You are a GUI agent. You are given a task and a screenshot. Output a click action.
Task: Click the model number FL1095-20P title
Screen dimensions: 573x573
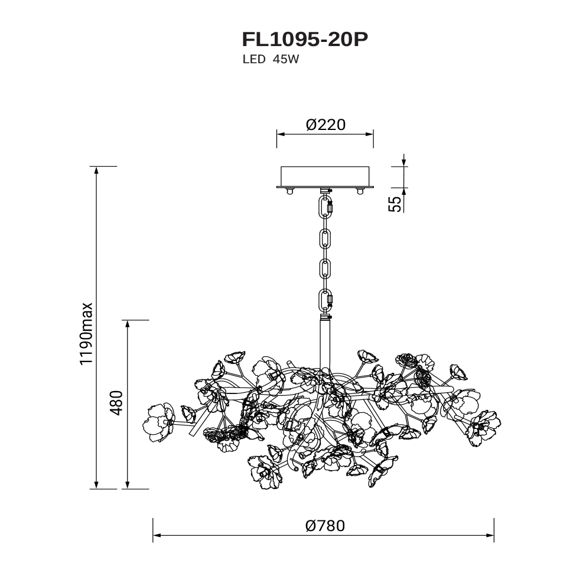(x=305, y=40)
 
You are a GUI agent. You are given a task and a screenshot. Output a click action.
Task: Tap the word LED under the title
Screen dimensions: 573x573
(x=254, y=59)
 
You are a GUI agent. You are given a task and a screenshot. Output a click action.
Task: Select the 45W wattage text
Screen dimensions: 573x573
(x=285, y=59)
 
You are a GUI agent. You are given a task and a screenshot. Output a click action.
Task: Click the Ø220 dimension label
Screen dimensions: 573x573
(x=325, y=125)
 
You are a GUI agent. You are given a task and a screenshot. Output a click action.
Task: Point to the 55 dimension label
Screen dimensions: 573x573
(x=394, y=204)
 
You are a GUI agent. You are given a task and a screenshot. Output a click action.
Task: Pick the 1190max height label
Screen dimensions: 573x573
(x=87, y=334)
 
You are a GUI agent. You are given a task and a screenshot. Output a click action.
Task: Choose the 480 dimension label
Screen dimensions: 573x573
(x=116, y=403)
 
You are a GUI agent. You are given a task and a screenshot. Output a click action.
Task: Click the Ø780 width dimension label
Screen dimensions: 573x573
(x=325, y=526)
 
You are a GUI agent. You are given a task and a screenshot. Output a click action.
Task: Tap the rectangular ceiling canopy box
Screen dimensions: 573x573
(x=325, y=177)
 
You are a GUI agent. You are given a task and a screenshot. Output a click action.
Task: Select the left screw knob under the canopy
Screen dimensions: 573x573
(x=290, y=191)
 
